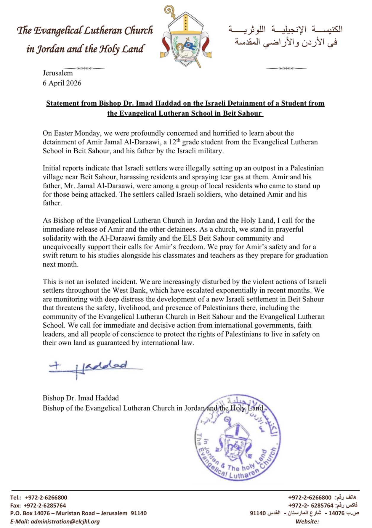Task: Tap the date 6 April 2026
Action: tap(62, 83)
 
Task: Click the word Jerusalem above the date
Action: tap(57, 73)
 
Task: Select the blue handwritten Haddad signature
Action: tap(95, 368)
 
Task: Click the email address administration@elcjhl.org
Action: tap(65, 521)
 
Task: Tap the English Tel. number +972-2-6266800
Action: tap(46, 498)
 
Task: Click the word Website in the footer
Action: tap(307, 521)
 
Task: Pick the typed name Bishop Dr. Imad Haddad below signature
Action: tap(81, 398)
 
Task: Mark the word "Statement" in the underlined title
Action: tap(61, 103)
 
